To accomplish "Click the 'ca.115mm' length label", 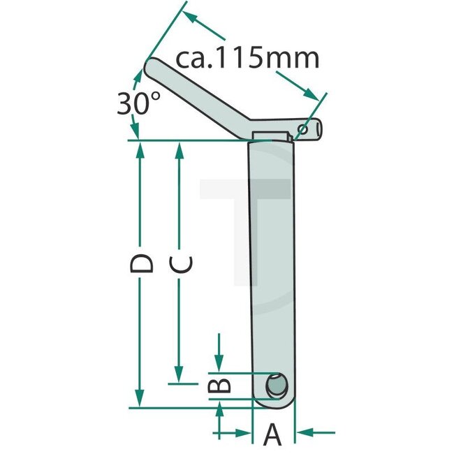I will click(247, 58).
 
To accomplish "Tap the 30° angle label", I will click(133, 104).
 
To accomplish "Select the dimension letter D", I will click(142, 264).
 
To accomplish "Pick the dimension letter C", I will click(181, 264).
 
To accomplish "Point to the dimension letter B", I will click(219, 386).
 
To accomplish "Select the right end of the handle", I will click(318, 128).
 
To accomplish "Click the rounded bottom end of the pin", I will click(273, 404).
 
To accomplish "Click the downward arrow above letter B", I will click(219, 365).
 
